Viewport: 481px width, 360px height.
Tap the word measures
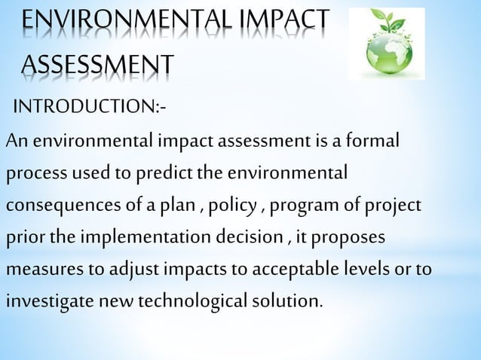pyautogui.click(x=41, y=270)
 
